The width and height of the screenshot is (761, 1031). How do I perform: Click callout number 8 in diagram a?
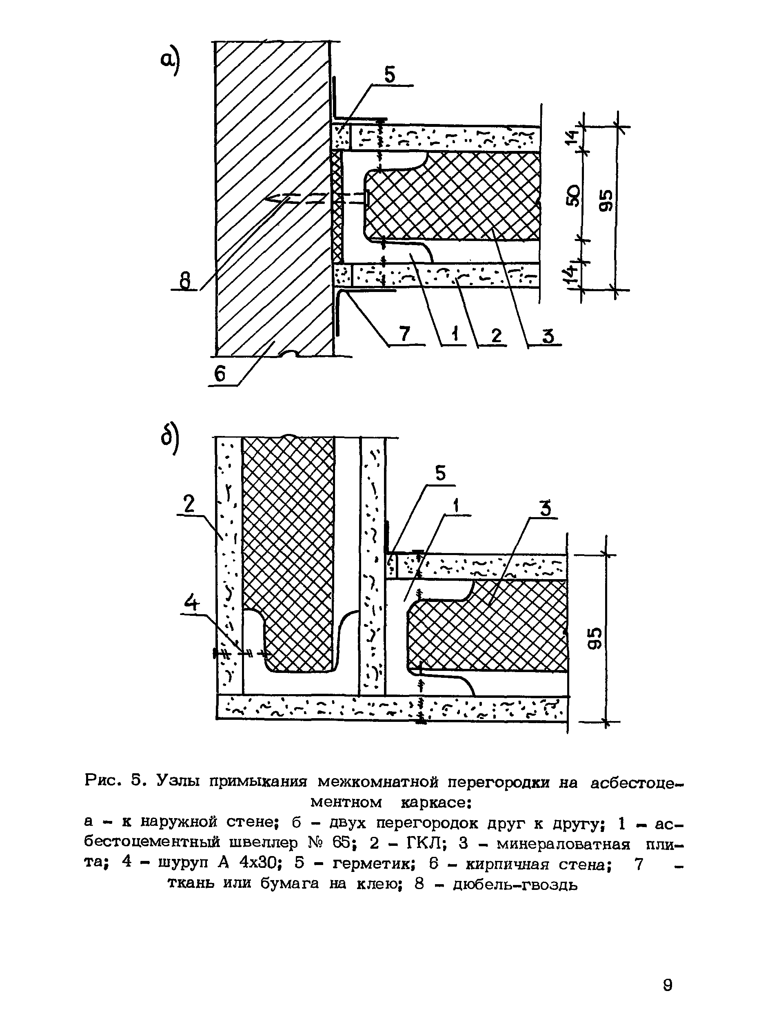click(185, 281)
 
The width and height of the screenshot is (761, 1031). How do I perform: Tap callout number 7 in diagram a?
click(404, 334)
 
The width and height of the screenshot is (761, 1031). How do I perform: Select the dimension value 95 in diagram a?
click(606, 200)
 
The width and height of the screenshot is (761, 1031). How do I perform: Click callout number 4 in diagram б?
click(192, 603)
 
